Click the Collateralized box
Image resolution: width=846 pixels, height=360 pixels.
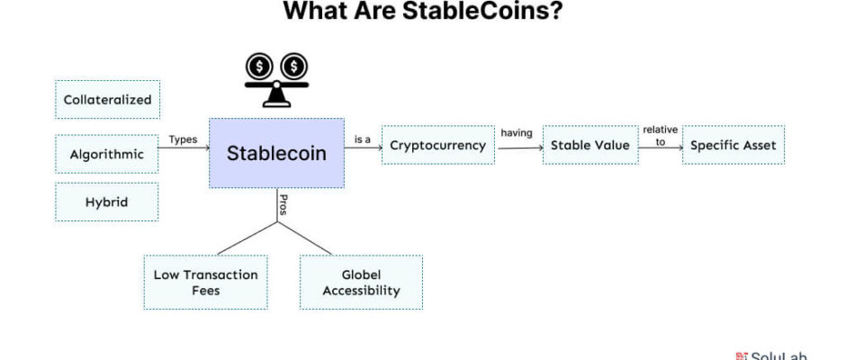(x=107, y=99)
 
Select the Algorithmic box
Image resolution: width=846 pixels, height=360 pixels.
(x=107, y=155)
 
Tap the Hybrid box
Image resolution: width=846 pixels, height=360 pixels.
(x=107, y=202)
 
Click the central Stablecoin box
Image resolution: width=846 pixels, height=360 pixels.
(x=276, y=153)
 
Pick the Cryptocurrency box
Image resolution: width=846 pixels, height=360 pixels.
(x=438, y=145)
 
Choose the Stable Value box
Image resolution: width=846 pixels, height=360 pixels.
(x=590, y=145)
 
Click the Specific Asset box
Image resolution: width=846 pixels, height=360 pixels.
(x=733, y=145)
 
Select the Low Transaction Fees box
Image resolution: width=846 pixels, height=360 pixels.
(x=205, y=283)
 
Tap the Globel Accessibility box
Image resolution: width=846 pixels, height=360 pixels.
(x=361, y=283)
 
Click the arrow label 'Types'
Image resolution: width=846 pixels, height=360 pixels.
(x=183, y=139)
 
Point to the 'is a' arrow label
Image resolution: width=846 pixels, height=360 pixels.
(x=363, y=139)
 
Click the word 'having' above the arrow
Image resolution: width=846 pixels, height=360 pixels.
(x=517, y=133)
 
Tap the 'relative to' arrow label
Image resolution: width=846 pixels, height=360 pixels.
(x=661, y=136)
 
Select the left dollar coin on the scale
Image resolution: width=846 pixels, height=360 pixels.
(x=259, y=67)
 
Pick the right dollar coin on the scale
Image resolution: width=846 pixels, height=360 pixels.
(x=293, y=67)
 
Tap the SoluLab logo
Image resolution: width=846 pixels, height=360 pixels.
(x=771, y=356)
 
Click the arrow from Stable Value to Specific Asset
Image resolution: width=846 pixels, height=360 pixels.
(x=661, y=148)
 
